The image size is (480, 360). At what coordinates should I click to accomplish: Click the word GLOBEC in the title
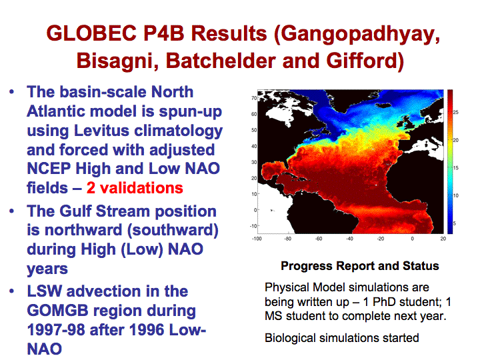(91, 33)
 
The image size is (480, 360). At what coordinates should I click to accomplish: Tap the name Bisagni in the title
(117, 61)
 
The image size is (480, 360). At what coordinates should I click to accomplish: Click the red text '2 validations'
(135, 187)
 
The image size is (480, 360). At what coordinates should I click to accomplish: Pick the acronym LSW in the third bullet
(45, 291)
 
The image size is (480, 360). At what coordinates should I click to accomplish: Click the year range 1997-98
(56, 330)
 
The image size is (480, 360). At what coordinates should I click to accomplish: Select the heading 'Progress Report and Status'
(360, 266)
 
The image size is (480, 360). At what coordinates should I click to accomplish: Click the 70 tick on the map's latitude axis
(254, 98)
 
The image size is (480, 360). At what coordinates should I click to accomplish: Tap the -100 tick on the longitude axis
(257, 239)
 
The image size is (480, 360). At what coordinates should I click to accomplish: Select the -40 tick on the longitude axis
(349, 239)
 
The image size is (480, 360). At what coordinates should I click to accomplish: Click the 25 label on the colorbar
(456, 113)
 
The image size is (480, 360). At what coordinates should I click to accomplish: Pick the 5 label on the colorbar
(455, 223)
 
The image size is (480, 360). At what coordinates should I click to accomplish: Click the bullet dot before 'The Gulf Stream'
(12, 211)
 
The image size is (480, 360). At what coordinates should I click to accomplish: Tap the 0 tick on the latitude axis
(255, 210)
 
